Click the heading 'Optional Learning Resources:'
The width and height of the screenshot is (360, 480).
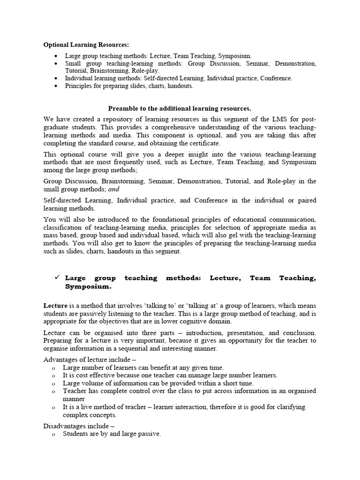[86, 45]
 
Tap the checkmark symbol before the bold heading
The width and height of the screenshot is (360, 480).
[57, 277]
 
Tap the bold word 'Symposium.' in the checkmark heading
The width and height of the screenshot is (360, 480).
[88, 286]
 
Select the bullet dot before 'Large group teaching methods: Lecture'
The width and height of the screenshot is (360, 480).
[57, 55]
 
